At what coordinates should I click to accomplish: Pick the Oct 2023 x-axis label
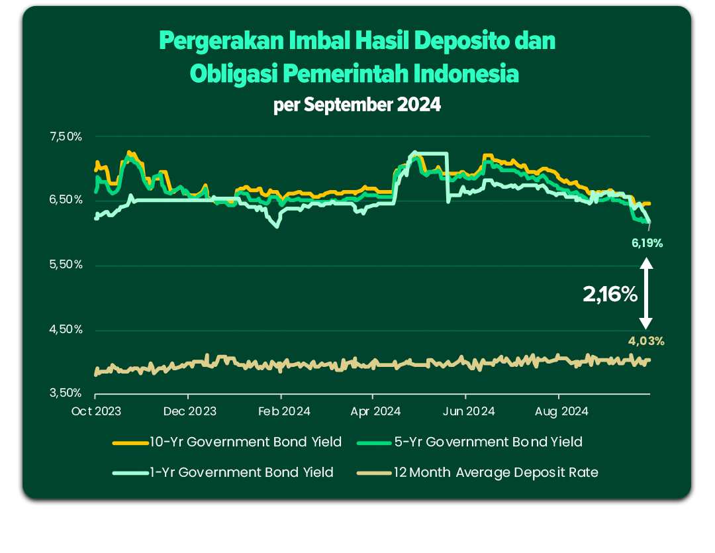[96, 411]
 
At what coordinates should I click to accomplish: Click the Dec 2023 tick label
[190, 411]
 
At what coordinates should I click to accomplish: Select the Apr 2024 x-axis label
[375, 411]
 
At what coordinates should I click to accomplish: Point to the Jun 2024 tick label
[468, 411]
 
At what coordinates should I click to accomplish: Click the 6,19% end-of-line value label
[647, 243]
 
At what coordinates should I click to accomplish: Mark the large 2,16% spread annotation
[610, 294]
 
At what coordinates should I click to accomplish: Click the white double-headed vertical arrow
[647, 293]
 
